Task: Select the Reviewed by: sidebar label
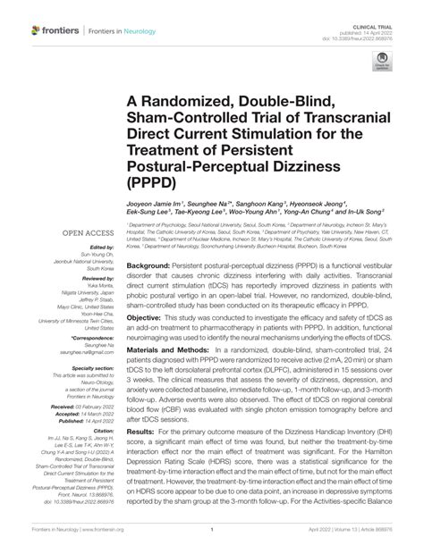(98, 279)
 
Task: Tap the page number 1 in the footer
(212, 530)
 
